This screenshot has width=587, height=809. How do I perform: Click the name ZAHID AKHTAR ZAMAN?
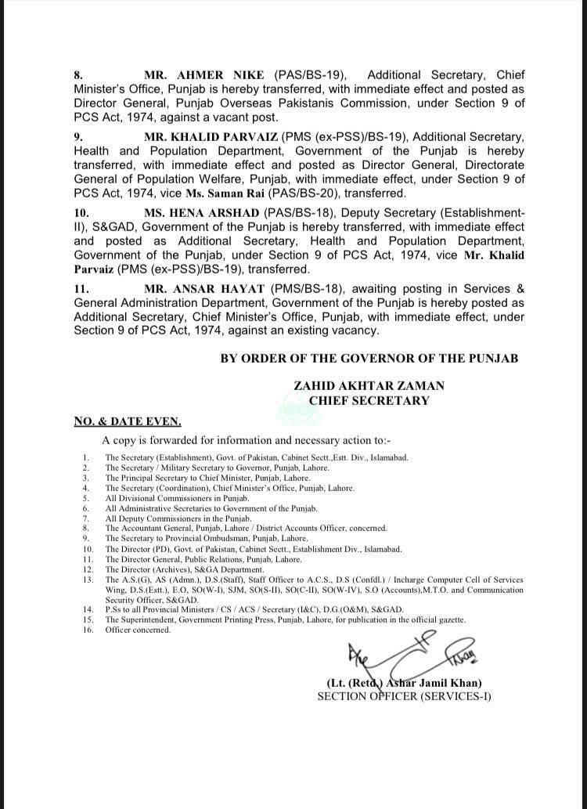tap(369, 386)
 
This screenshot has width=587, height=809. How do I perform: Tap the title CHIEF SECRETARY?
tap(369, 400)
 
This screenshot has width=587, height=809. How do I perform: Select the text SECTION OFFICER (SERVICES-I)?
tap(404, 695)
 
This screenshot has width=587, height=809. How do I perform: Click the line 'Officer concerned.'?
tap(138, 630)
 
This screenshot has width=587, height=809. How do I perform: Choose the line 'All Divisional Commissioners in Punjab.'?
tap(177, 498)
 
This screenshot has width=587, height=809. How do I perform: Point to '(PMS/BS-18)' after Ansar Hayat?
tap(294, 288)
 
